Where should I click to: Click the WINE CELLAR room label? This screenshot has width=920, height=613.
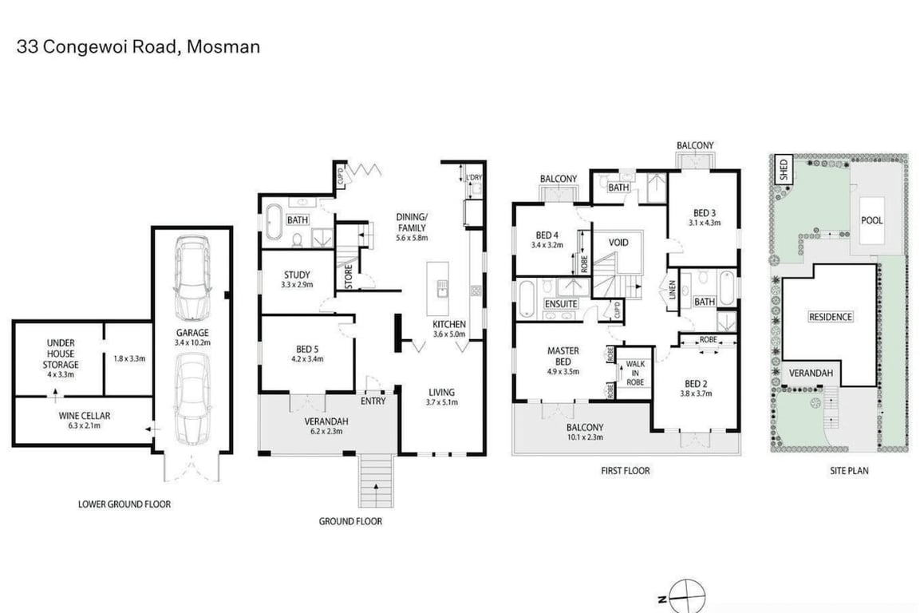pyautogui.click(x=84, y=416)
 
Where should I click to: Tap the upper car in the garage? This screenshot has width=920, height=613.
pyautogui.click(x=192, y=278)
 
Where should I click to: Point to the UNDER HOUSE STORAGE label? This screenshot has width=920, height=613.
pyautogui.click(x=61, y=354)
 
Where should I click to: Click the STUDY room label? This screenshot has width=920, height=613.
pyautogui.click(x=297, y=275)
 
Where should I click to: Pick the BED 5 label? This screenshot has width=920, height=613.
pyautogui.click(x=307, y=350)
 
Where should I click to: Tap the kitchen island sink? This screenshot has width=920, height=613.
pyautogui.click(x=442, y=289)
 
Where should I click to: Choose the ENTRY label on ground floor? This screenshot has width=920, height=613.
pyautogui.click(x=373, y=401)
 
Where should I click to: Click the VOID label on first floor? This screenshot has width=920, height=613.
pyautogui.click(x=618, y=243)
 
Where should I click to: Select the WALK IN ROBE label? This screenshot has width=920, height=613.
pyautogui.click(x=635, y=373)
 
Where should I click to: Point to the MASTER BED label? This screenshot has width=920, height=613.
pyautogui.click(x=563, y=356)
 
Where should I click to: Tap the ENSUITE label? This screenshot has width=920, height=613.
pyautogui.click(x=562, y=303)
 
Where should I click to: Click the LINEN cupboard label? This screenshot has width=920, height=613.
pyautogui.click(x=673, y=290)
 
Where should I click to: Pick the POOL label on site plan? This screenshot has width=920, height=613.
pyautogui.click(x=872, y=220)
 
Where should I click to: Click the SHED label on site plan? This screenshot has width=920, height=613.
pyautogui.click(x=784, y=170)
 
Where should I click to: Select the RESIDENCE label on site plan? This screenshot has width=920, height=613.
pyautogui.click(x=830, y=317)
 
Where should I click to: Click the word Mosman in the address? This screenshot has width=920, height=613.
pyautogui.click(x=223, y=47)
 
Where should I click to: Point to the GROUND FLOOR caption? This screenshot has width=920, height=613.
pyautogui.click(x=350, y=521)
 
